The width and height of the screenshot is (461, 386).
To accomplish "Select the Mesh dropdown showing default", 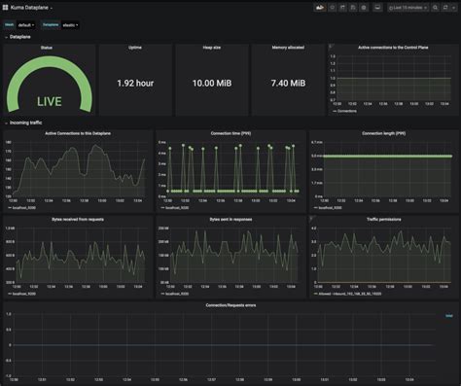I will click(x=26, y=24).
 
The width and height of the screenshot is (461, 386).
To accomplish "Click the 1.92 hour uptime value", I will click(x=134, y=84).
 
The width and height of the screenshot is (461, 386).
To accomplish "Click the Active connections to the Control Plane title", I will click(x=391, y=47).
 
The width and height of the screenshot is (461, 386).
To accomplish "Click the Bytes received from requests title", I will click(x=78, y=220).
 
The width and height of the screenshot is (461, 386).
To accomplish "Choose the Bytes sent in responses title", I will click(x=230, y=220).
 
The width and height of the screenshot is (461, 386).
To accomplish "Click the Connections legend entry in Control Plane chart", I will click(x=344, y=112).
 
